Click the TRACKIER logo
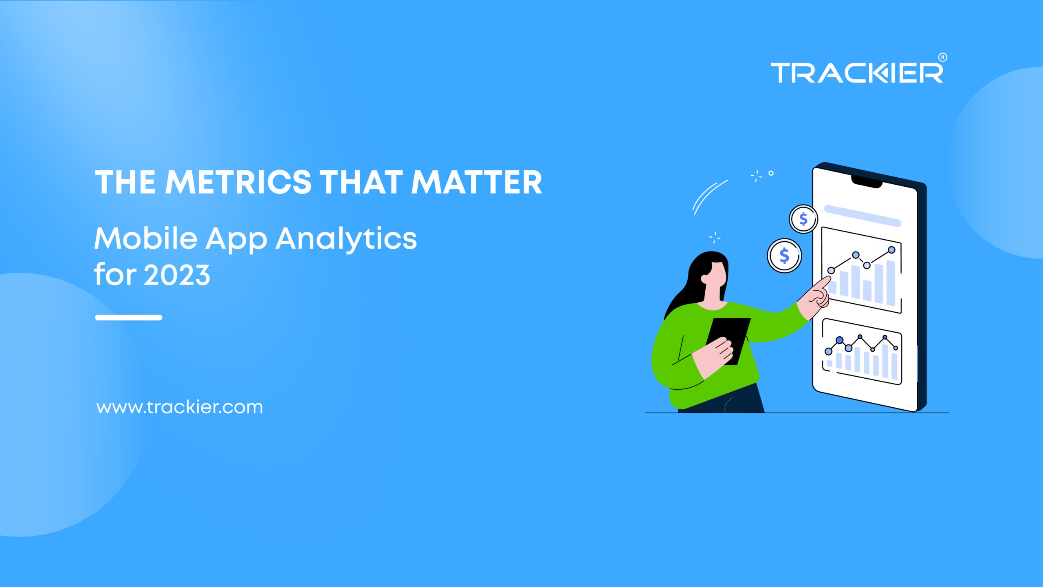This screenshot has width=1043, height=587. (857, 73)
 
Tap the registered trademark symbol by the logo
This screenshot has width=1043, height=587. (943, 57)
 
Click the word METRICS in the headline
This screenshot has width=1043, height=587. (238, 182)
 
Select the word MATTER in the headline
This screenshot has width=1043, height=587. (477, 182)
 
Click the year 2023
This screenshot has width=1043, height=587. (177, 275)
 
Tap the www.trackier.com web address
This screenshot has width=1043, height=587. (180, 407)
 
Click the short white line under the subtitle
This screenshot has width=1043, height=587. (129, 318)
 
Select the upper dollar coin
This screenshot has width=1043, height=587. (803, 219)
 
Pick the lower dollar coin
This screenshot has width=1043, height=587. (784, 256)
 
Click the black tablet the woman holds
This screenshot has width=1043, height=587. (728, 341)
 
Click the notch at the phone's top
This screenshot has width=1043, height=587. (867, 182)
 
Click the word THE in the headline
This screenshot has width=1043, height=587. (125, 182)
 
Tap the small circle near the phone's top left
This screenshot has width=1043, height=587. (771, 173)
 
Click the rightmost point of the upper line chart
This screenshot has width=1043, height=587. (891, 250)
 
